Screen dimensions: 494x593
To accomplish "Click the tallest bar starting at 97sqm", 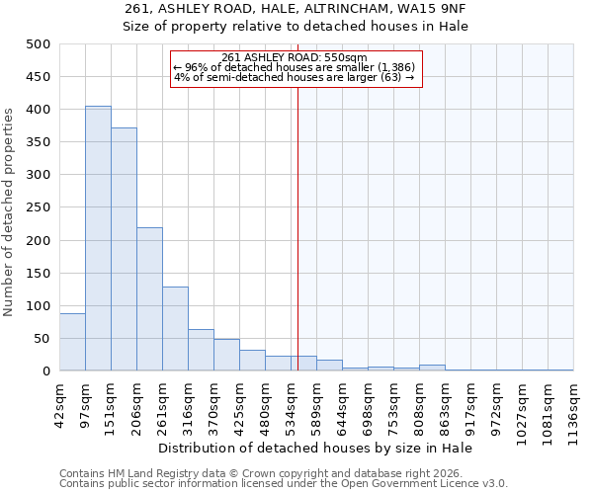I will tap(98, 238).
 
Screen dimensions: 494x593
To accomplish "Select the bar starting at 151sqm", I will tap(124, 249).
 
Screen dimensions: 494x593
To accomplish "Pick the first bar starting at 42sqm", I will tap(72, 342).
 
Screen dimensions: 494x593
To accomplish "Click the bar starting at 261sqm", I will tap(175, 329).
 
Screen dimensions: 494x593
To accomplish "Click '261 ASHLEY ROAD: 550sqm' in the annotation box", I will tap(295, 57).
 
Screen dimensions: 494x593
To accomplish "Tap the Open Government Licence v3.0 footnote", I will tap(284, 484).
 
